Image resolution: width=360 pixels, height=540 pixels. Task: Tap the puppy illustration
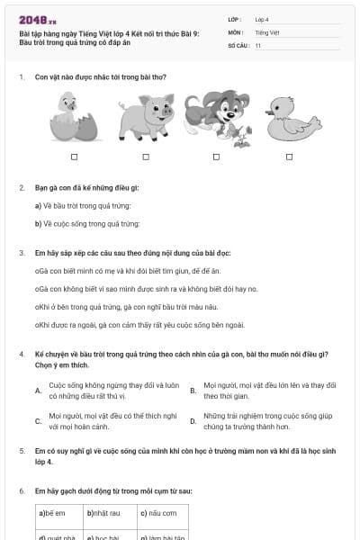coord(211,115)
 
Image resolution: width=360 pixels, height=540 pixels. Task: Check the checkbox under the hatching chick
coord(74,157)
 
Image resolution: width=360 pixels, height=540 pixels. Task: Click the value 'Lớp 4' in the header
coord(262,19)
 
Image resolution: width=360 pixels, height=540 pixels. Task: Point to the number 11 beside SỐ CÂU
coord(257,44)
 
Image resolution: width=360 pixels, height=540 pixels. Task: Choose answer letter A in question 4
coord(38,391)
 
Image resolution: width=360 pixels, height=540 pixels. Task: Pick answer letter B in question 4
coord(193,391)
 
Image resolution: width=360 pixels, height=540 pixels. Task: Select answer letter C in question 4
coord(38,420)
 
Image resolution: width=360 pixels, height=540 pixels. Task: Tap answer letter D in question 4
coord(193,420)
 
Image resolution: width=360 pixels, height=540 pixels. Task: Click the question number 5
coord(22,449)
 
